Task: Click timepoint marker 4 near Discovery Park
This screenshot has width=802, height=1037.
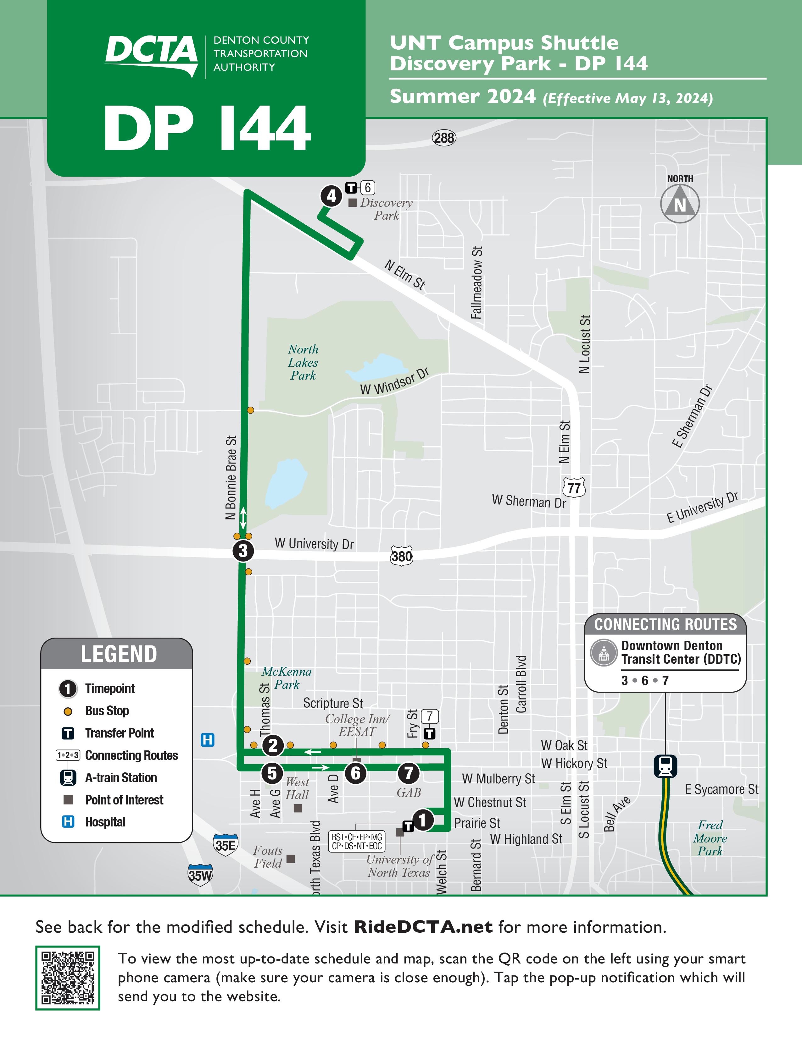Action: point(331,196)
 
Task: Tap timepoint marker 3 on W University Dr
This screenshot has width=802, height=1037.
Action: point(243,551)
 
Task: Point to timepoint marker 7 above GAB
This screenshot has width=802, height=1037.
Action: point(408,773)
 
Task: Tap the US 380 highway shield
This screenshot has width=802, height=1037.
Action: point(402,556)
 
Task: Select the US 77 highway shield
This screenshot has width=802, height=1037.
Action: point(574,488)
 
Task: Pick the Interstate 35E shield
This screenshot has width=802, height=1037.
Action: point(226,846)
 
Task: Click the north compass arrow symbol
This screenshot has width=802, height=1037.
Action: point(680,204)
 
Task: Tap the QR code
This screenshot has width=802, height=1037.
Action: point(68,978)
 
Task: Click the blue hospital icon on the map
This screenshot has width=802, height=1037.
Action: point(208,740)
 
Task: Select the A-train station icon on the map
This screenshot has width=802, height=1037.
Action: point(665,766)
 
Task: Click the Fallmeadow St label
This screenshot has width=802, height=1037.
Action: point(476,283)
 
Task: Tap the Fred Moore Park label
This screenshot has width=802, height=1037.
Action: point(710,838)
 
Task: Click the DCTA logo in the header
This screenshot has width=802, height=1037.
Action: point(151,55)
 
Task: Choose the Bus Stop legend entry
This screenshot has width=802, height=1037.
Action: point(107,711)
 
